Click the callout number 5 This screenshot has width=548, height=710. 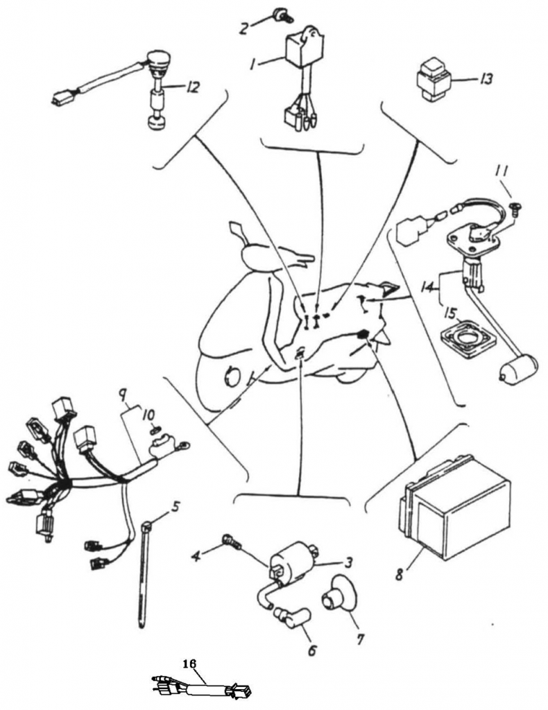coord(176,507)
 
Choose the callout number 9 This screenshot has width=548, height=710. coord(123,397)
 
